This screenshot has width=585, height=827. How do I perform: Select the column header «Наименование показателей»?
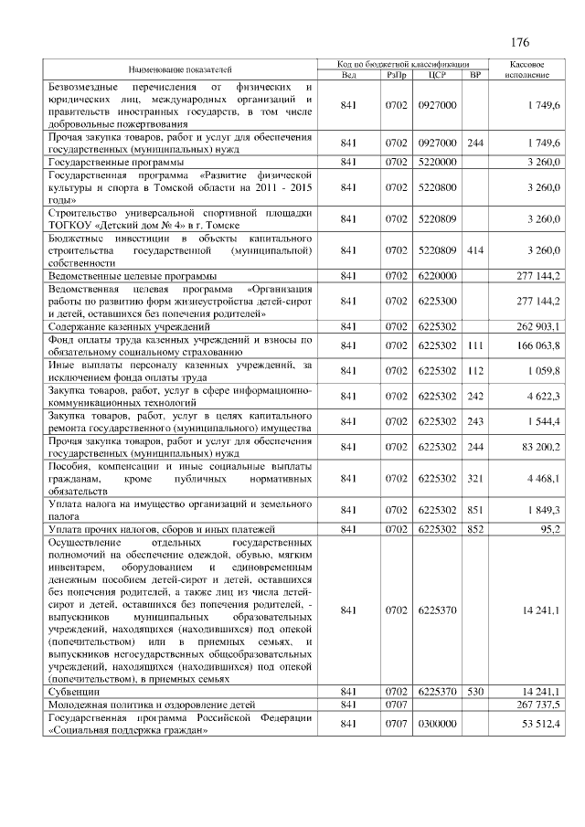coord(180,69)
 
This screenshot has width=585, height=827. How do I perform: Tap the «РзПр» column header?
coord(396,74)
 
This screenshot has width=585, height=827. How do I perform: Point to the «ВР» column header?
coord(474,74)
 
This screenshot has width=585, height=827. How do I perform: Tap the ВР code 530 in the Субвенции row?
coord(474,693)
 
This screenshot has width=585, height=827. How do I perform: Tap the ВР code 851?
coord(474,509)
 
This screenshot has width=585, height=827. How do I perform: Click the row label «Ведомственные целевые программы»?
coord(132,275)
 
